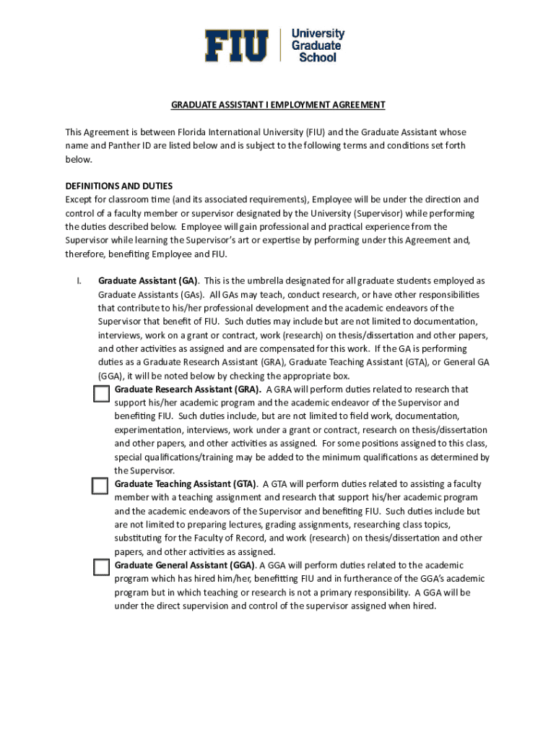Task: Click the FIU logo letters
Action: [236, 46]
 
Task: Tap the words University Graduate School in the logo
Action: [318, 46]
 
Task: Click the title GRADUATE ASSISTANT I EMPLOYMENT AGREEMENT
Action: [278, 105]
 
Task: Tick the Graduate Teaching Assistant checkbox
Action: [100, 486]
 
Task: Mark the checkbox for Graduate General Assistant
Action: [100, 567]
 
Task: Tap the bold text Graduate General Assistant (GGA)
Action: [184, 565]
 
